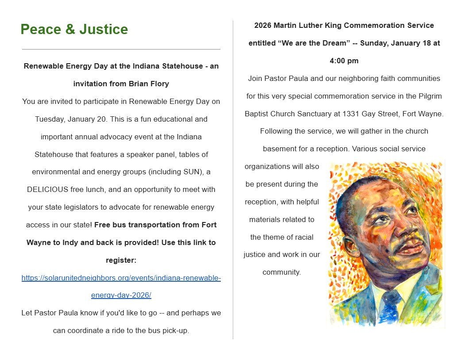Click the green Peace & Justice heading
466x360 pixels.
(74, 30)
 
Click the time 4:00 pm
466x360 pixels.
(344, 61)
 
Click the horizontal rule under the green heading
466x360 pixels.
(121, 49)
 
